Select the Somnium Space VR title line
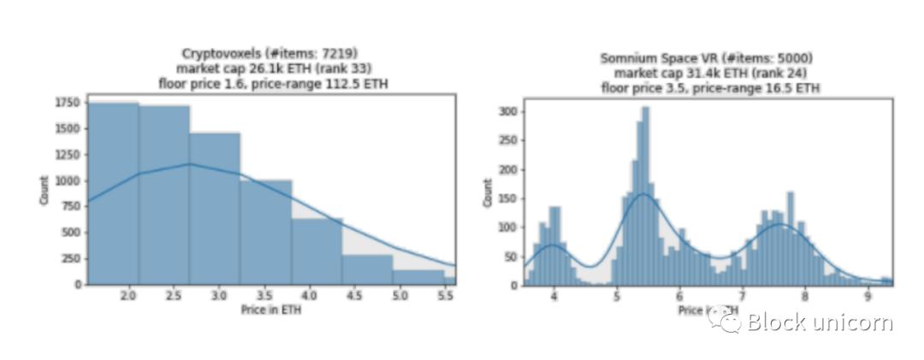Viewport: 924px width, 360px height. click(x=706, y=58)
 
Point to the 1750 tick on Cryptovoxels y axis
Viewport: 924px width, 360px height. click(x=68, y=103)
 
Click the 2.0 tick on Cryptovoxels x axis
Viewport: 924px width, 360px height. click(x=128, y=296)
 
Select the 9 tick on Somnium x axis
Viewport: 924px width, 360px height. click(x=868, y=296)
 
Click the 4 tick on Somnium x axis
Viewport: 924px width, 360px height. click(x=554, y=296)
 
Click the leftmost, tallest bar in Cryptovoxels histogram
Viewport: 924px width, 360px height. click(x=113, y=193)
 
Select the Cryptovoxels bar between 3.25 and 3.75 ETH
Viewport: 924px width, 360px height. click(x=266, y=231)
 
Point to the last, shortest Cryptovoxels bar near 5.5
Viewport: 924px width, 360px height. click(x=449, y=279)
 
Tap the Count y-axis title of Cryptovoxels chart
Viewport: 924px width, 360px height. click(x=44, y=190)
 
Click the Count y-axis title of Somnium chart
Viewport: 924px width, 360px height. click(x=489, y=192)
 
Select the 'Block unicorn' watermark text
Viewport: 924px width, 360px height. click(x=820, y=322)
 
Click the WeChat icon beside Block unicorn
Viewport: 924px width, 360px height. click(x=730, y=322)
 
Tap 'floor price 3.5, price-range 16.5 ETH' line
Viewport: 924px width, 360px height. click(x=710, y=87)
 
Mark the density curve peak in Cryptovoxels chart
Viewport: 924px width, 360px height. click(x=191, y=164)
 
